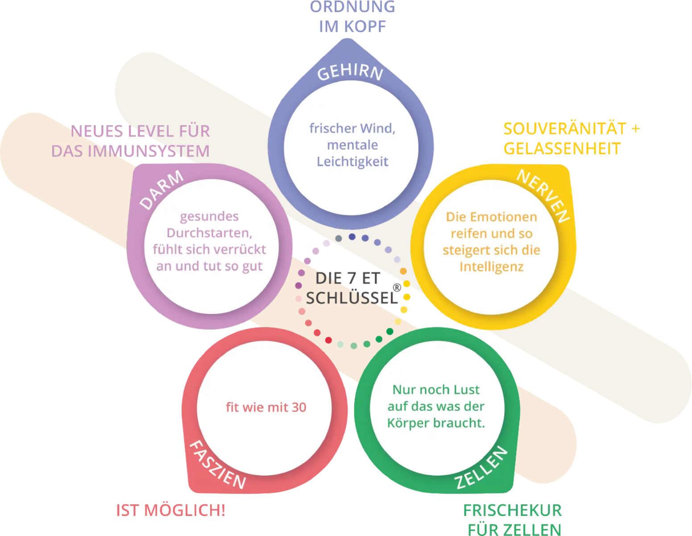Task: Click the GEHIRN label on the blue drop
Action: pyautogui.click(x=350, y=73)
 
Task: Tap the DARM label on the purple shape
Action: pyautogui.click(x=162, y=190)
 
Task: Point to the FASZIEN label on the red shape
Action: pyautogui.click(x=218, y=465)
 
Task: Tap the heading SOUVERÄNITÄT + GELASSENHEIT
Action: pyautogui.click(x=571, y=138)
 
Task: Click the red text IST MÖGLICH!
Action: pyautogui.click(x=170, y=510)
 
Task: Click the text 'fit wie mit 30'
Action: pyautogui.click(x=266, y=407)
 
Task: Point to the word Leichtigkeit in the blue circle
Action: pyautogui.click(x=352, y=162)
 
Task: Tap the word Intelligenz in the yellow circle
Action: pyautogui.click(x=491, y=267)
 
